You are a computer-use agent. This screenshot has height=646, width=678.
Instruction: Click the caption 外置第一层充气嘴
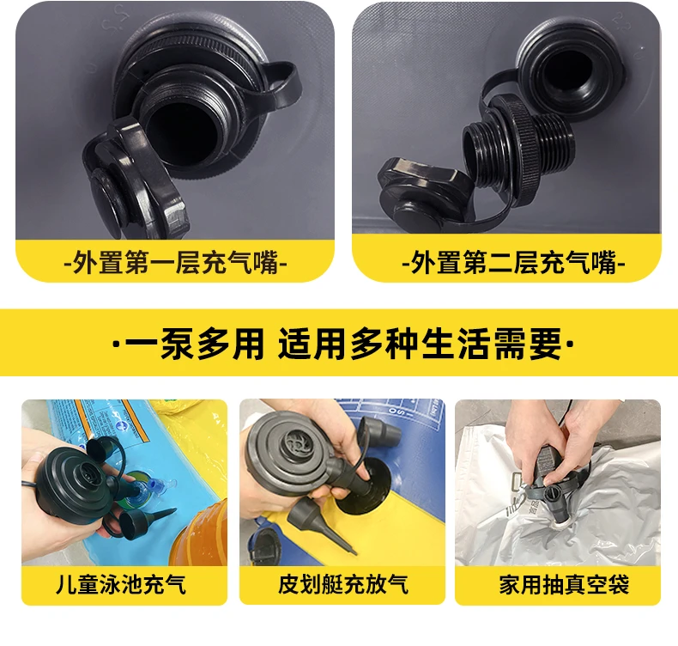[x=175, y=262]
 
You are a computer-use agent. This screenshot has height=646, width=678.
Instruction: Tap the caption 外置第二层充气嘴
[x=513, y=262]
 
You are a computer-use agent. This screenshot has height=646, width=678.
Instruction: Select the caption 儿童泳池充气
[x=121, y=584]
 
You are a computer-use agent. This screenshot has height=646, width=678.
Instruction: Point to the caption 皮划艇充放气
[x=343, y=584]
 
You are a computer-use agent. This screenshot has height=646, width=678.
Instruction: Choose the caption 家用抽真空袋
[x=563, y=584]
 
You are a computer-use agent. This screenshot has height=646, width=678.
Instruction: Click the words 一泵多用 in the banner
[x=194, y=344]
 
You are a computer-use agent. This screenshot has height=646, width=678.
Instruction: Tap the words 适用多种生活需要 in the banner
[x=420, y=344]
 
